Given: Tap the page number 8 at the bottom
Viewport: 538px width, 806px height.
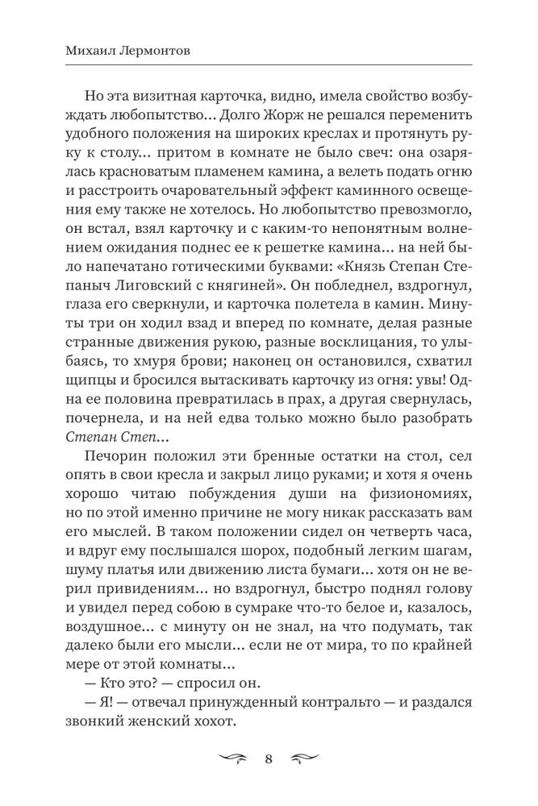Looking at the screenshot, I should click(269, 758).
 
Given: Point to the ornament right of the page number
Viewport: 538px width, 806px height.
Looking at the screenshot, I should click(303, 758).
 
